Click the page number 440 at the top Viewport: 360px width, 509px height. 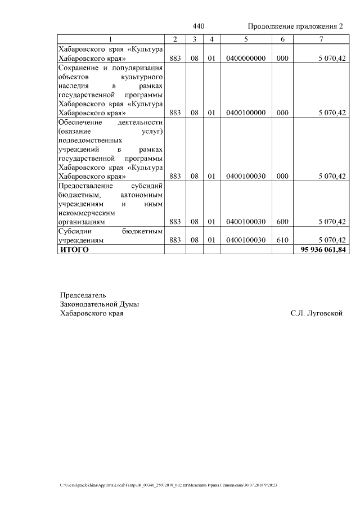(x=199, y=27)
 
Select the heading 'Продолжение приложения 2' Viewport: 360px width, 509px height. (x=295, y=27)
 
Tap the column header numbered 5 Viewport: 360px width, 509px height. (x=246, y=39)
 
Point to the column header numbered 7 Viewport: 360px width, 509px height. (x=321, y=39)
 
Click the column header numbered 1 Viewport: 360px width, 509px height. (x=111, y=39)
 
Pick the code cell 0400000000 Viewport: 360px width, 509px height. (x=246, y=58)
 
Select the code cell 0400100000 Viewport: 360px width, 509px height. (x=246, y=112)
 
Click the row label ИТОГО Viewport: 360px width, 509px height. (x=74, y=250)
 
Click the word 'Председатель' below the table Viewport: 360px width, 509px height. (x=83, y=295)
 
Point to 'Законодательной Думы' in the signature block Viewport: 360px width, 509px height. (x=100, y=304)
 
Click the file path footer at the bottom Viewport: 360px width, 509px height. (x=169, y=485)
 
